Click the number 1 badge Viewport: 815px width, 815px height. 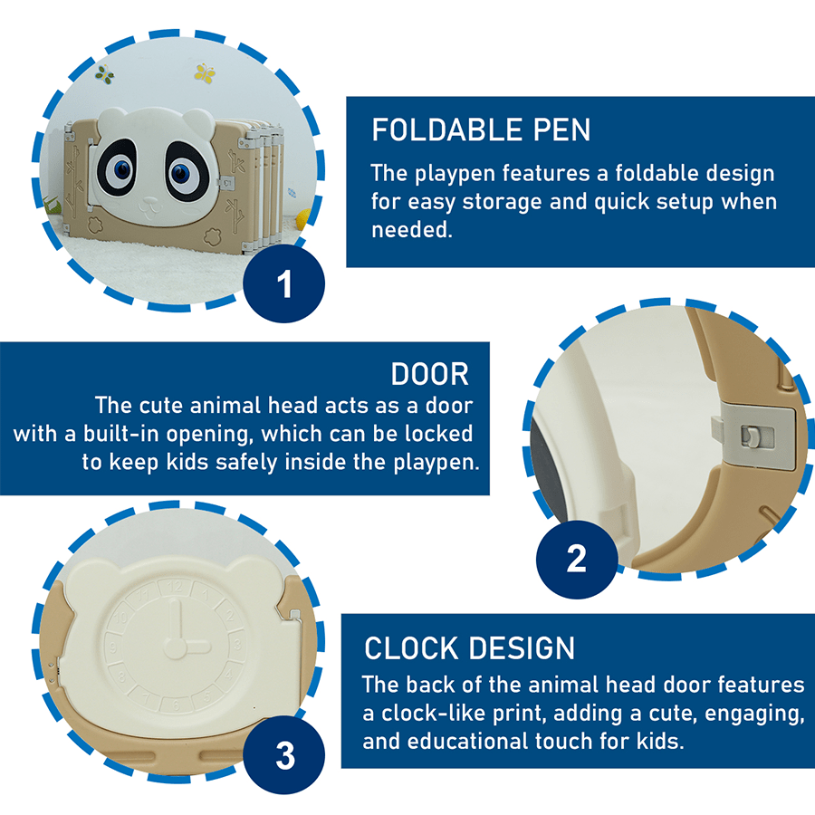[x=284, y=284]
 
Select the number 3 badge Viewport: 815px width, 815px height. [x=284, y=755]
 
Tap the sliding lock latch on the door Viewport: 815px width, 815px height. [x=751, y=436]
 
